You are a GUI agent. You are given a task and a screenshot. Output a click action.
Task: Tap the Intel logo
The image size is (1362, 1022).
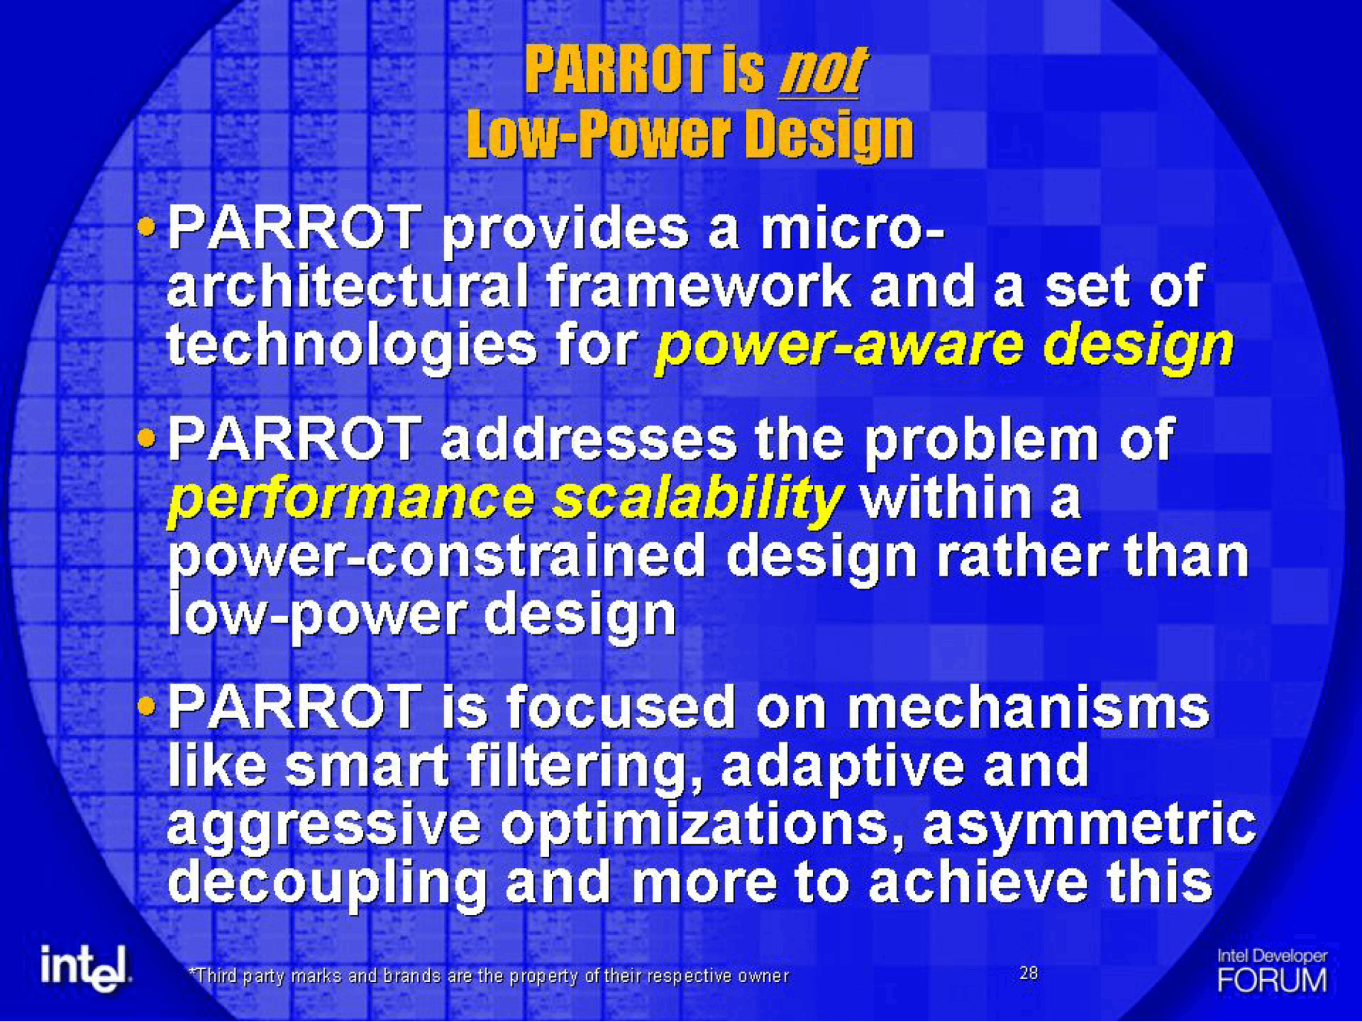click(x=86, y=967)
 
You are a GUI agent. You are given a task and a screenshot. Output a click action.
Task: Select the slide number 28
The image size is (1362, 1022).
click(x=1028, y=973)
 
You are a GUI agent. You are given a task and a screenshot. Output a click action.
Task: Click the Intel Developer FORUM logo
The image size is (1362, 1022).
click(x=1272, y=971)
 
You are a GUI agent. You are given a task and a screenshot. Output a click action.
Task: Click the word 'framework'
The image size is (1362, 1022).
click(x=698, y=286)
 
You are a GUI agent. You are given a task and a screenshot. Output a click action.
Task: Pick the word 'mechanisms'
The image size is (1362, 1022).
click(x=1028, y=707)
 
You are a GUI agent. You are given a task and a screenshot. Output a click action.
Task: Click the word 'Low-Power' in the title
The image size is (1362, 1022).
click(x=598, y=134)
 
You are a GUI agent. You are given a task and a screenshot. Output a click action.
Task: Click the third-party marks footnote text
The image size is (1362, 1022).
click(x=489, y=976)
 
